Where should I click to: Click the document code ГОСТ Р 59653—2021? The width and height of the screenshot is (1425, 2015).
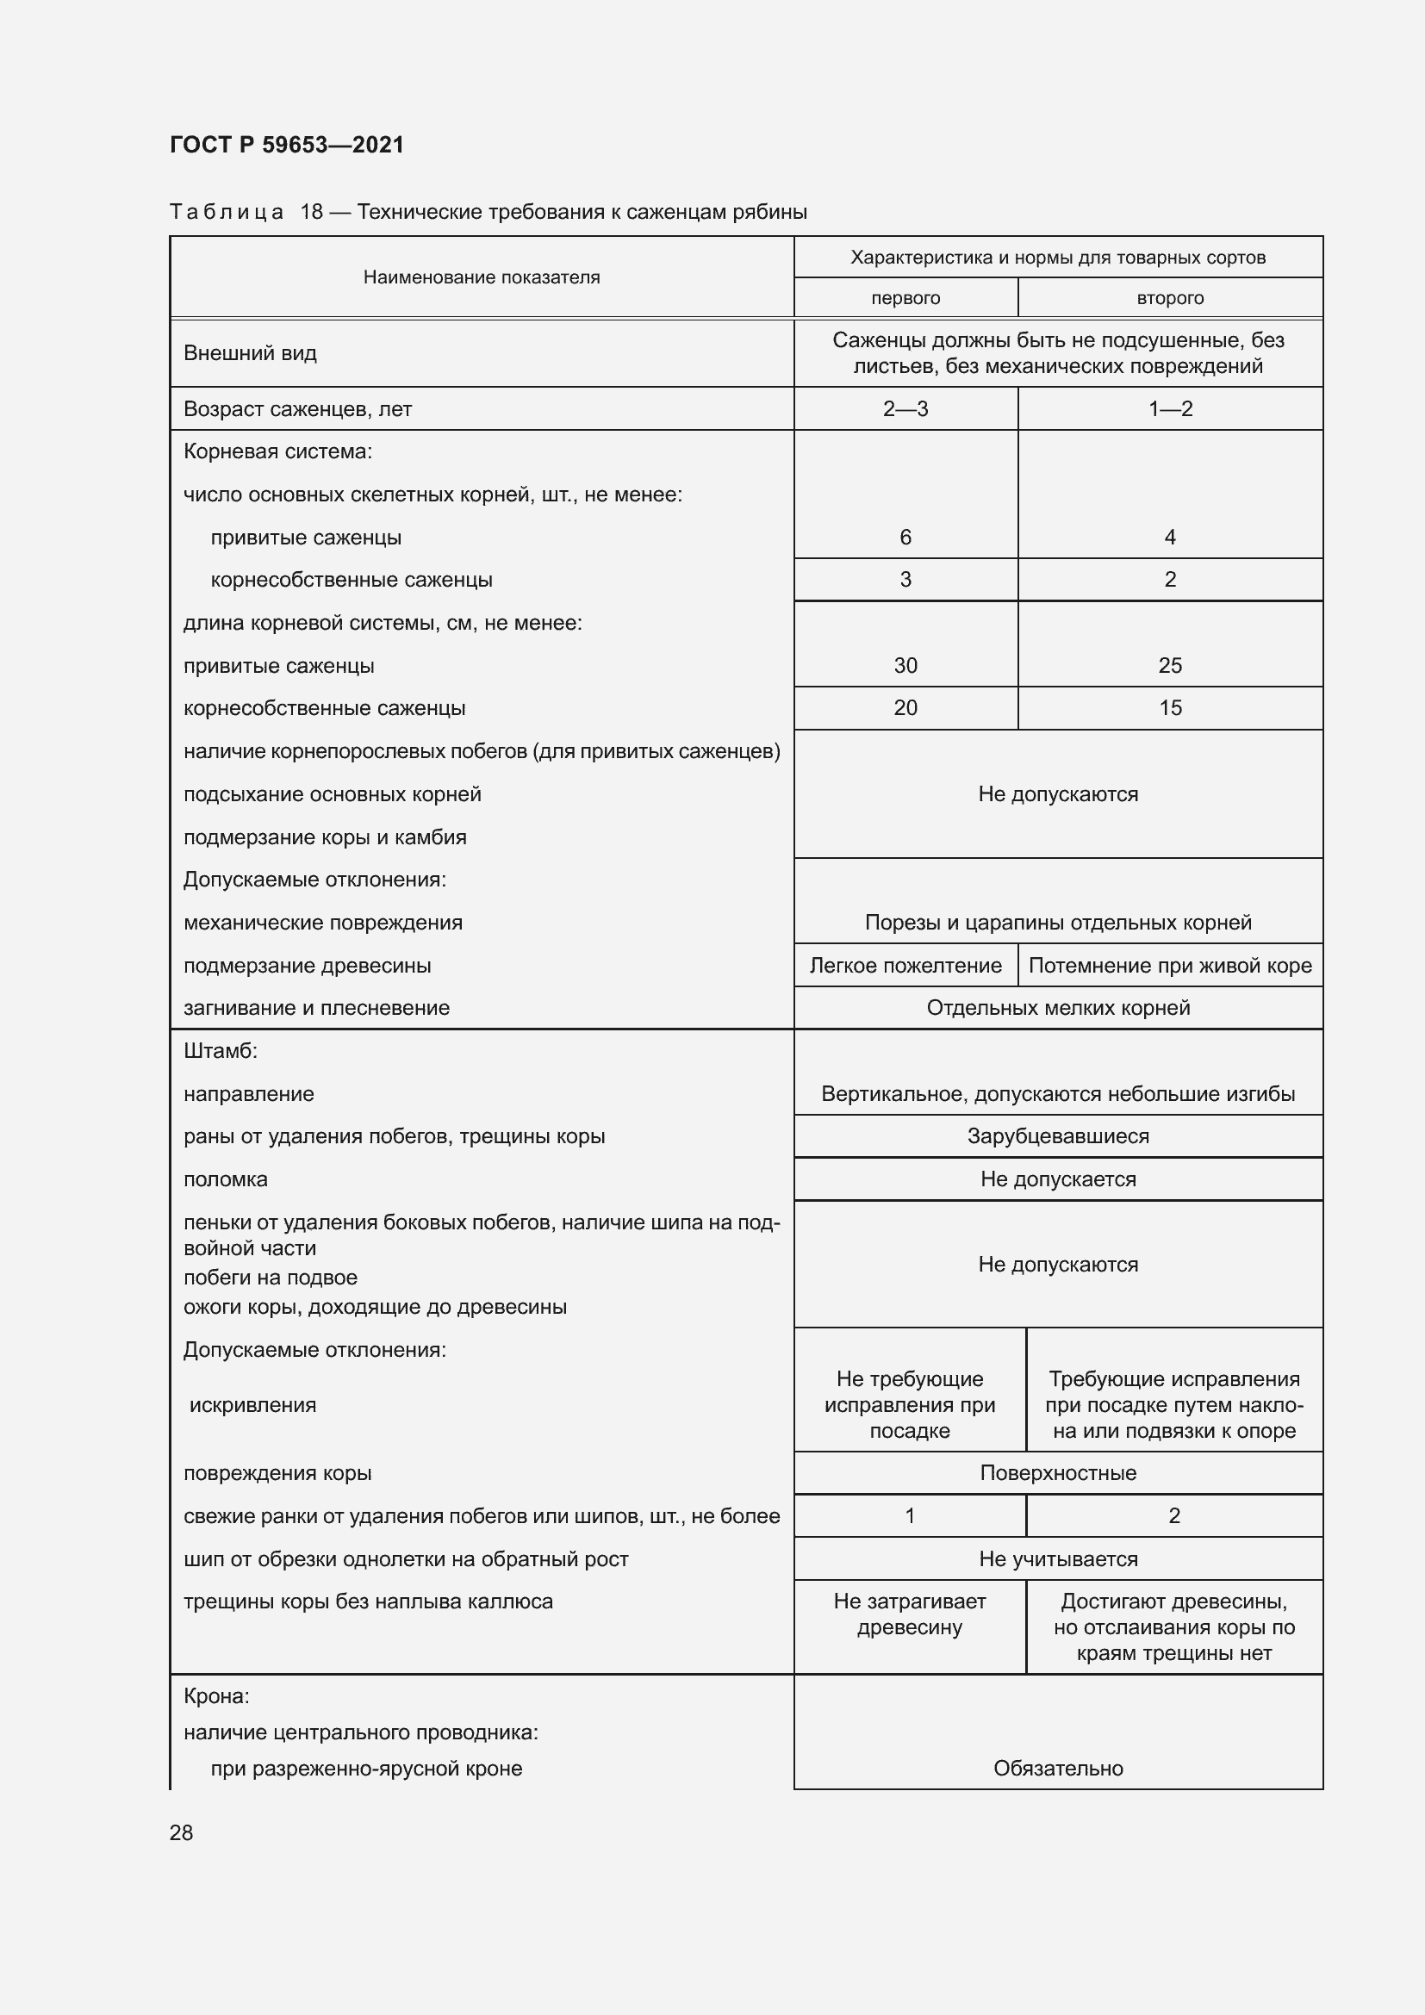(x=287, y=145)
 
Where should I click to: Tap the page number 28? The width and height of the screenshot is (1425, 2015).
(x=182, y=1832)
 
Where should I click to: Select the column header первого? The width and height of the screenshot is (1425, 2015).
(x=905, y=297)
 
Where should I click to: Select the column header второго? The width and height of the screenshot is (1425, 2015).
(x=1170, y=297)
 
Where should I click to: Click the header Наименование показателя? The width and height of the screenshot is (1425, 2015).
(x=481, y=277)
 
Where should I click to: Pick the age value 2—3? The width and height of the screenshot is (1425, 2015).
(x=905, y=409)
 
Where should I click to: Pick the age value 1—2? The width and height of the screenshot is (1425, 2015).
(x=1170, y=409)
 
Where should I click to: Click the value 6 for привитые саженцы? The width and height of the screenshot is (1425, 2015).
(x=905, y=537)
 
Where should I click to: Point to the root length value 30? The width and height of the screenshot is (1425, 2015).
(x=905, y=665)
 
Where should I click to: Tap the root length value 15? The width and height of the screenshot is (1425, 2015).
(x=1170, y=707)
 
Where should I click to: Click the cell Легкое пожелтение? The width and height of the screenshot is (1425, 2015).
(x=905, y=966)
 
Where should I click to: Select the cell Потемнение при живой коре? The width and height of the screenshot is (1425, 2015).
(x=1170, y=966)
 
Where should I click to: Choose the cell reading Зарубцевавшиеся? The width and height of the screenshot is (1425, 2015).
(x=1057, y=1135)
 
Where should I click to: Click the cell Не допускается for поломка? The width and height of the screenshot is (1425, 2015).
(x=1057, y=1179)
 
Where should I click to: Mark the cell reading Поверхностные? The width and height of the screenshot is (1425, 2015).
(x=1057, y=1472)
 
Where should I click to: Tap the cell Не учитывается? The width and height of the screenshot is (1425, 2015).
(x=1057, y=1558)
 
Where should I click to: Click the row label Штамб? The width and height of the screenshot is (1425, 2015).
(x=221, y=1050)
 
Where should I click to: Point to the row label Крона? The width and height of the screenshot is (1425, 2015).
(x=217, y=1695)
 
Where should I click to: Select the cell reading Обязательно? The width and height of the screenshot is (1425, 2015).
(x=1057, y=1768)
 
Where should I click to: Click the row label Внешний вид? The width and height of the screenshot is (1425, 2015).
(x=250, y=353)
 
